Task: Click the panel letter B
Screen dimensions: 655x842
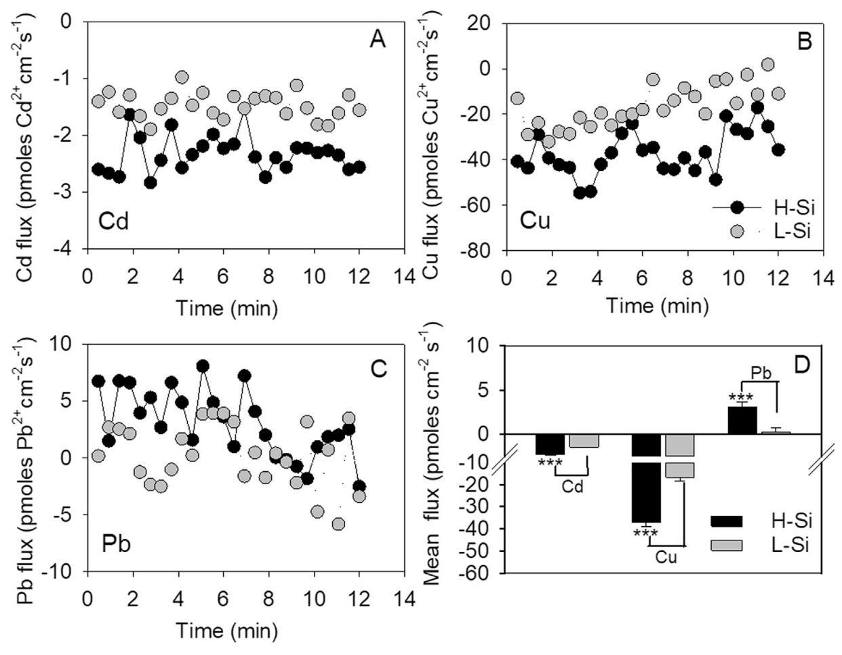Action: coord(805,42)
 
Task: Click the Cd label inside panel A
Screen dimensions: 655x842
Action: coord(113,221)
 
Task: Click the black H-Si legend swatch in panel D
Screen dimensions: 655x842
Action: coord(726,521)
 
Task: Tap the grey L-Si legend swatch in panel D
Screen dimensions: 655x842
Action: coord(726,544)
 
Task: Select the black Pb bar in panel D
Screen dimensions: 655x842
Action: coord(742,420)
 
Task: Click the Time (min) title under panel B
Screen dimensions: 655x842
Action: coord(657,306)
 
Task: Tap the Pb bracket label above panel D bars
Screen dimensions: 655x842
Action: coord(761,372)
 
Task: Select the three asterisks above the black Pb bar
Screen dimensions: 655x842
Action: coord(740,399)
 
